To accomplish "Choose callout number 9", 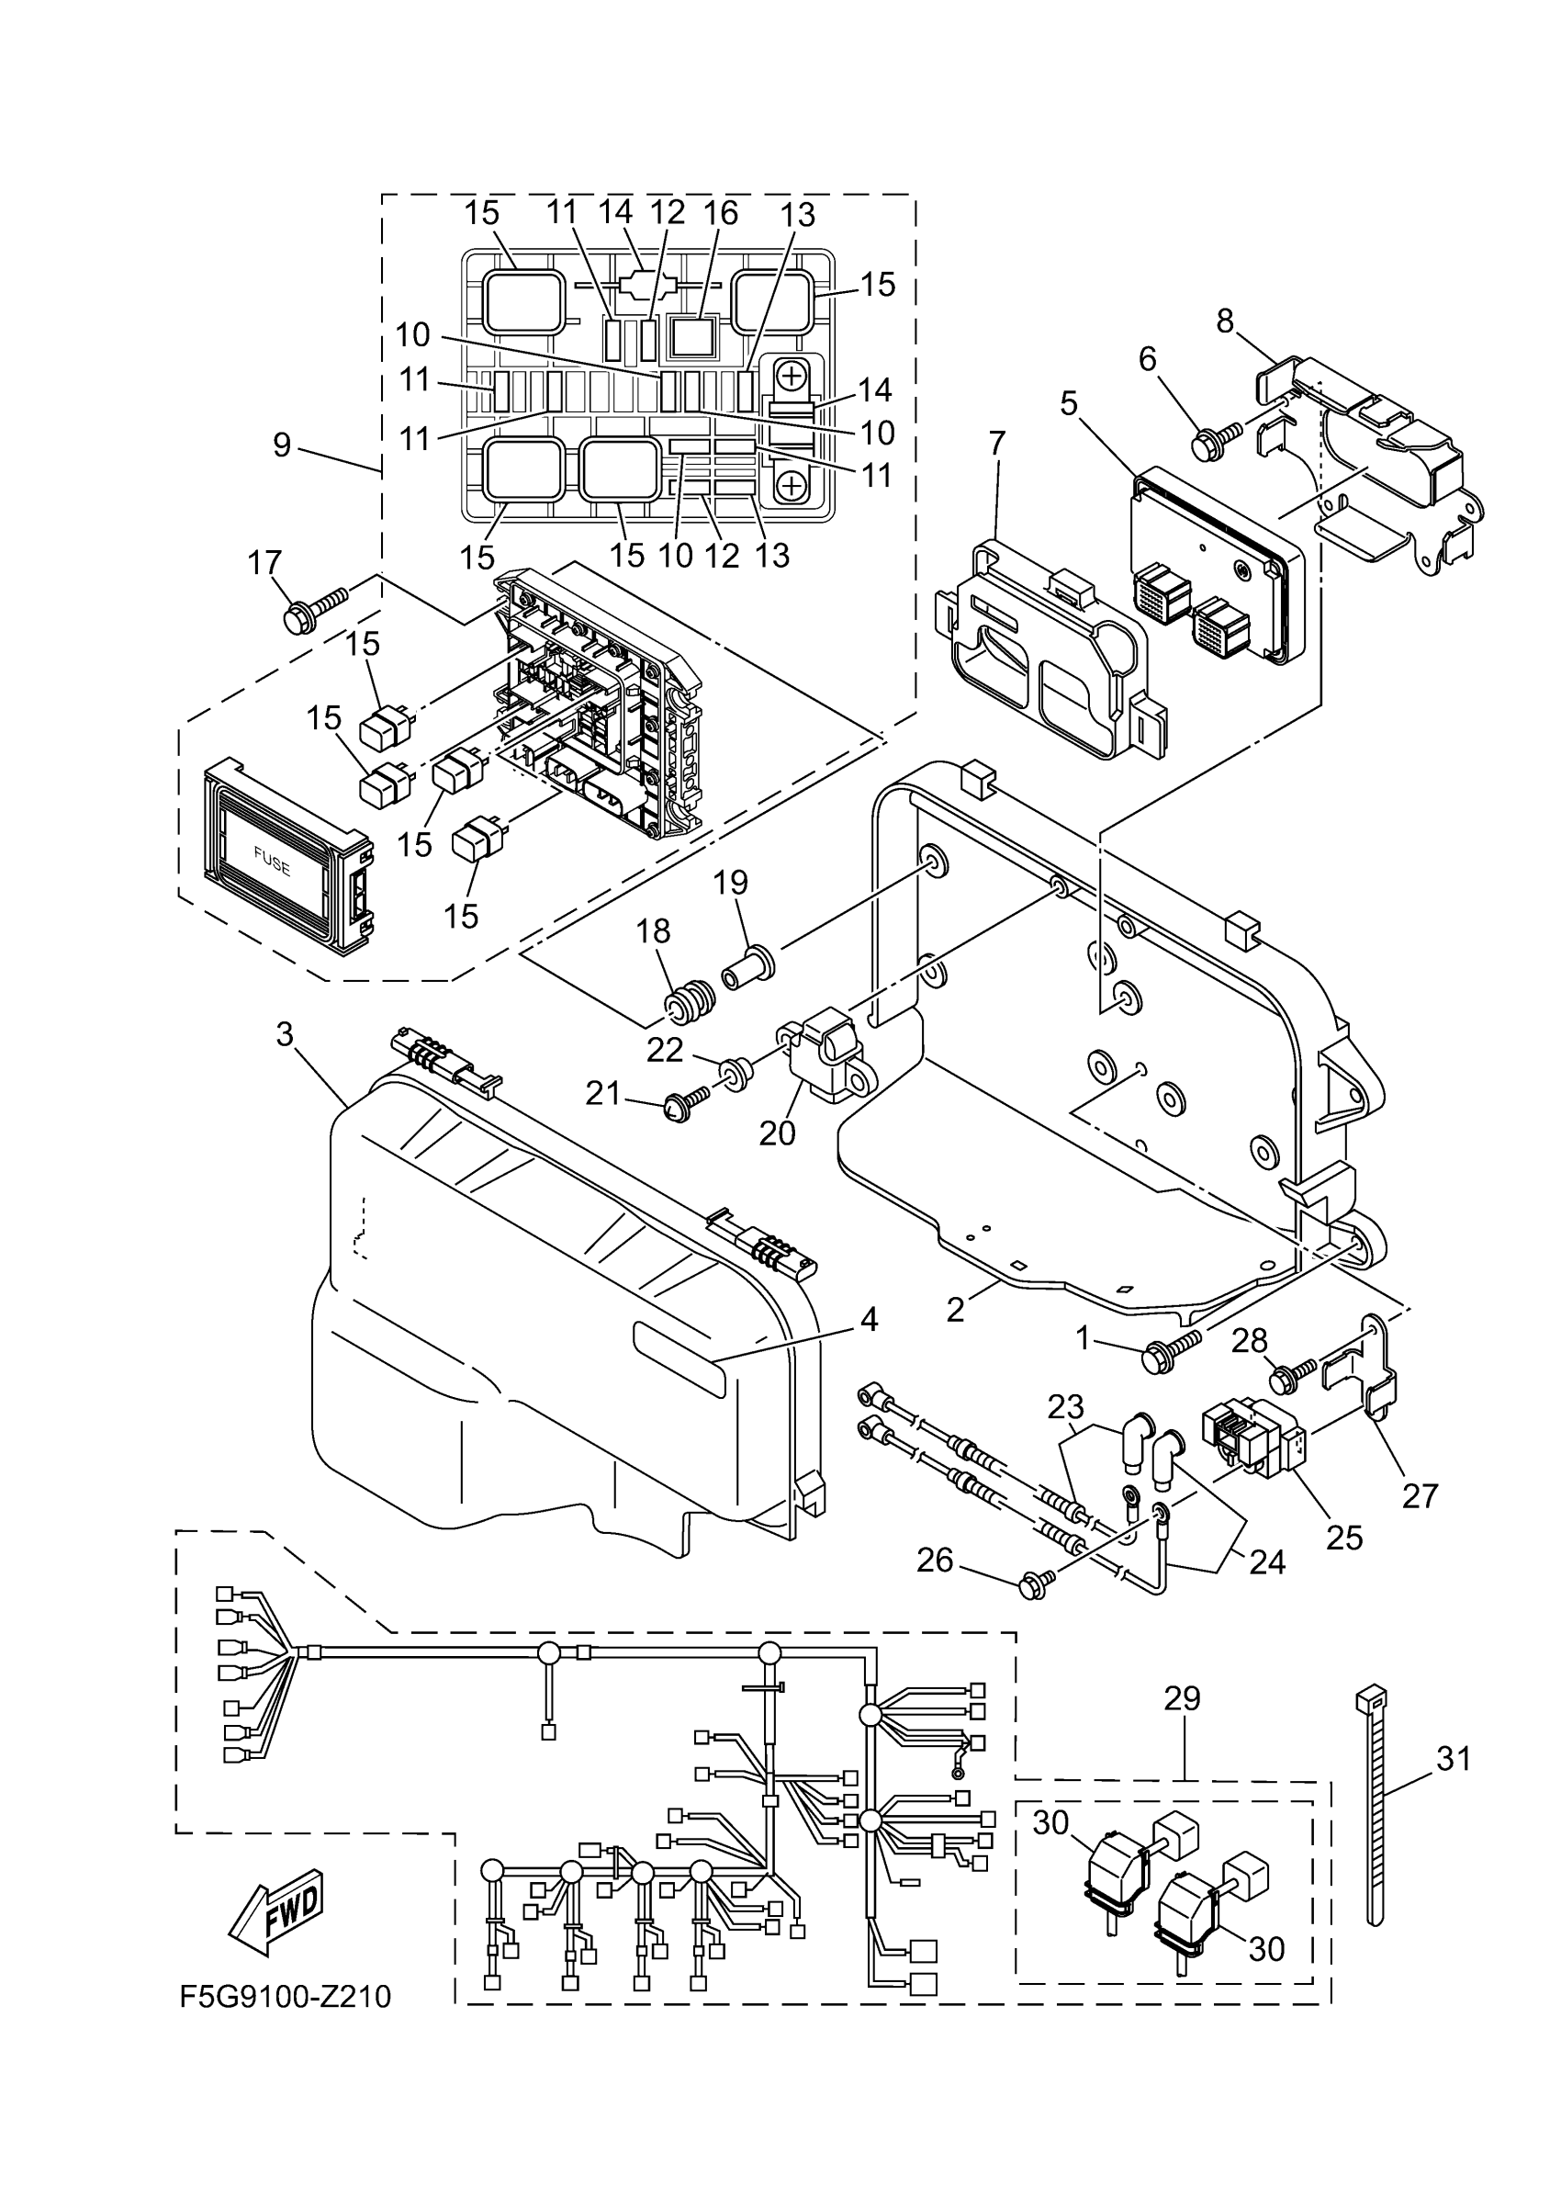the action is click(282, 445).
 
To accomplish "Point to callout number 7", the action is click(996, 443).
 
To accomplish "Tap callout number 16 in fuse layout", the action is click(722, 211).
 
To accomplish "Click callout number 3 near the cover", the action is click(284, 1034).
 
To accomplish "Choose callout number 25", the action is click(1343, 1538).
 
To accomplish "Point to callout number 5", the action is click(1069, 402).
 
